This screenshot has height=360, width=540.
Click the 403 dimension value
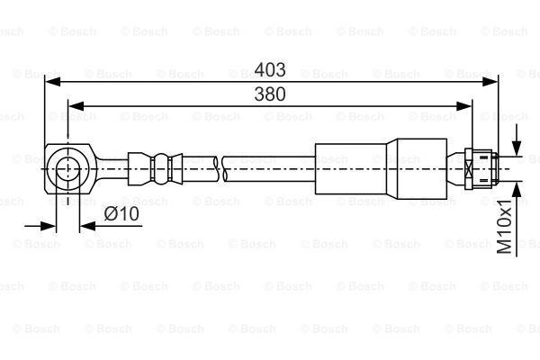click(x=270, y=69)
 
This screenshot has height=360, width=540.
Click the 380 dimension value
click(x=270, y=94)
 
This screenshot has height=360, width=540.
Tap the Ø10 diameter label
click(x=121, y=214)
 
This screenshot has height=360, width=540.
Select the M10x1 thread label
click(x=505, y=227)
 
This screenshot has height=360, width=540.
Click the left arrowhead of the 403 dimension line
click(x=53, y=82)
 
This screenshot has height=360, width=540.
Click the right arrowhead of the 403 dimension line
click(x=490, y=82)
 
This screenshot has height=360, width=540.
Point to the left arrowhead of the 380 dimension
click(x=76, y=106)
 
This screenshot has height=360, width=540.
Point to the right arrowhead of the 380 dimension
click(x=463, y=106)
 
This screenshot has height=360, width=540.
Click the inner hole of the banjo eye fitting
click(x=68, y=169)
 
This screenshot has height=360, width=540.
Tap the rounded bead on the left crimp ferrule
click(x=161, y=168)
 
